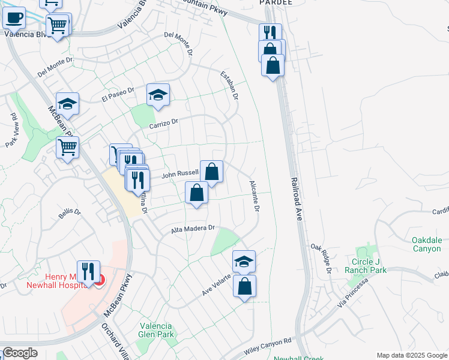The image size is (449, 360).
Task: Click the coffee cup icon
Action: [x=14, y=17]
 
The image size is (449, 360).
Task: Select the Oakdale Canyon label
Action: [x=427, y=245]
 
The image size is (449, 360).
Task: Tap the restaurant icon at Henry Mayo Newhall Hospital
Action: [x=89, y=271]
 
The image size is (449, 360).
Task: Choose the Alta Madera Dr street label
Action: [x=193, y=228]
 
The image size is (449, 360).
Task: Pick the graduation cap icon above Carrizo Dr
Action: [x=158, y=95]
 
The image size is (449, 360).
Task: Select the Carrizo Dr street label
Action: [x=164, y=122]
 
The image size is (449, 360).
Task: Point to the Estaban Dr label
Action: [x=230, y=85]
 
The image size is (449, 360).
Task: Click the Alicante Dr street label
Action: [x=254, y=197]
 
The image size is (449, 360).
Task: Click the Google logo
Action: [x=20, y=353]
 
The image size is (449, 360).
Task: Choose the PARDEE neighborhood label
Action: [x=276, y=2]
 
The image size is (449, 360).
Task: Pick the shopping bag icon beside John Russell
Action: [x=211, y=172]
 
